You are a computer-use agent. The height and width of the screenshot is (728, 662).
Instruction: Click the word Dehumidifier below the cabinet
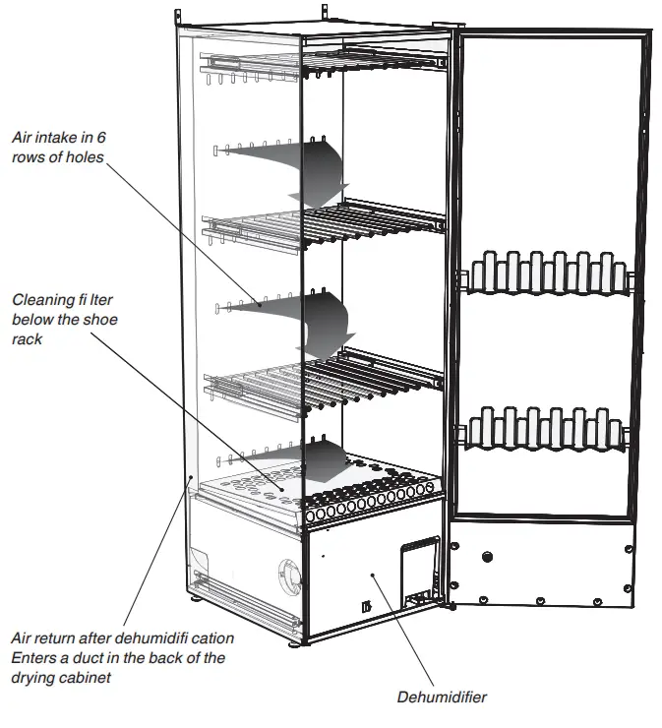pyautogui.click(x=442, y=698)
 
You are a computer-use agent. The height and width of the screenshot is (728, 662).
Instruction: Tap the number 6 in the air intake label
pyautogui.click(x=99, y=139)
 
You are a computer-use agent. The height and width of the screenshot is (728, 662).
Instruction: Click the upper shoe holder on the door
pyautogui.click(x=547, y=273)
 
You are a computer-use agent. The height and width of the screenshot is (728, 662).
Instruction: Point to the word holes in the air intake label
pyautogui.click(x=83, y=157)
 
